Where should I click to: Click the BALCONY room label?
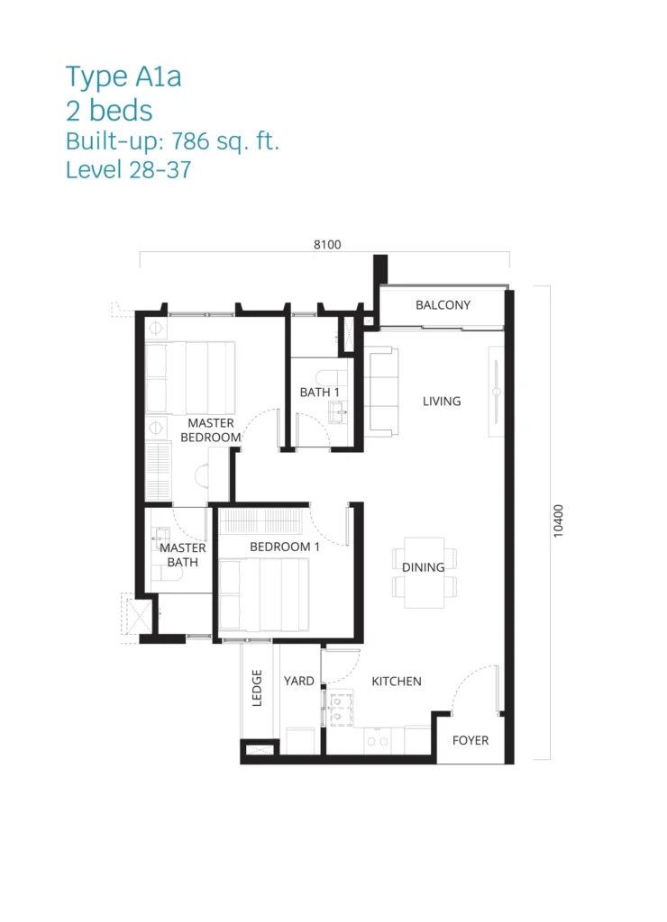[x=443, y=305]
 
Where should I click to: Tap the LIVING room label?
[x=442, y=401]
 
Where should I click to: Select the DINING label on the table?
[x=424, y=567]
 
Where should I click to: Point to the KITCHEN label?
[x=397, y=682]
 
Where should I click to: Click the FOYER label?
[x=471, y=740]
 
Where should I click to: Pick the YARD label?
[x=298, y=681]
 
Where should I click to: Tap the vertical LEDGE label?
[x=257, y=687]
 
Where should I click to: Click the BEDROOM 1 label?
[x=284, y=547]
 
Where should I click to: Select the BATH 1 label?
[x=319, y=393]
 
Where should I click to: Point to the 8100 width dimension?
[x=327, y=245]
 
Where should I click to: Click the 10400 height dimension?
[x=558, y=521]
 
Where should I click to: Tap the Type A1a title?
[x=123, y=77]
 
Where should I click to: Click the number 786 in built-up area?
[x=191, y=141]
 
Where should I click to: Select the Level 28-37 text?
[x=128, y=170]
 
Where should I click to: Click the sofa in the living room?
[x=381, y=392]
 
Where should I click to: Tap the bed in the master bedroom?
[x=190, y=378]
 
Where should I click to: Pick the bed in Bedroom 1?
[x=264, y=594]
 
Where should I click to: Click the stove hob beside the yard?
[x=341, y=709]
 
